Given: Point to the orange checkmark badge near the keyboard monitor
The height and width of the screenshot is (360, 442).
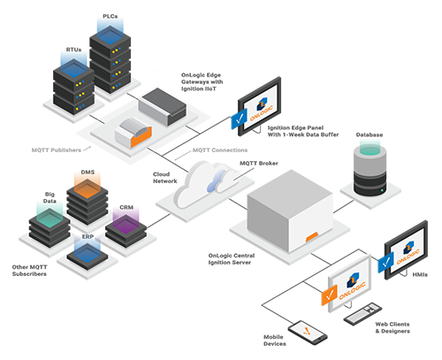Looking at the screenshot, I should [x=327, y=292].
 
